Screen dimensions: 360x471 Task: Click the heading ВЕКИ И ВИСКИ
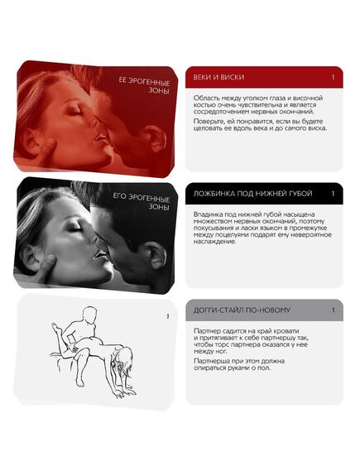[218, 77]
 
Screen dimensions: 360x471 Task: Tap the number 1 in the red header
[333, 77]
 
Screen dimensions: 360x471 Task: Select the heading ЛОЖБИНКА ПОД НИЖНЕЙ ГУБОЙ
[252, 194]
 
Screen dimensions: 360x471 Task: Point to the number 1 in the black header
[333, 194]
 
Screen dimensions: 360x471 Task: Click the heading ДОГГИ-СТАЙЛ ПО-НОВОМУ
[242, 310]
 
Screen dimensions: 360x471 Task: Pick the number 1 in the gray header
[333, 310]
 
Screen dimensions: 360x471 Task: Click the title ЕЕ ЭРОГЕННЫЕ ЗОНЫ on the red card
[145, 86]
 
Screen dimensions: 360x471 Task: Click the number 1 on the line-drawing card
[167, 316]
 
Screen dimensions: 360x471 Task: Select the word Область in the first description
[205, 99]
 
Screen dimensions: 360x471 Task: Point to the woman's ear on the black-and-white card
[31, 255]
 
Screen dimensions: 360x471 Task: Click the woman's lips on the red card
[99, 139]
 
